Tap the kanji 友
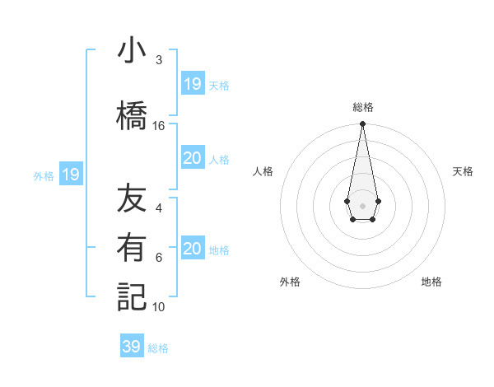[x=132, y=200]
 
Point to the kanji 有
[x=132, y=248]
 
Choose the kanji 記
[x=132, y=296]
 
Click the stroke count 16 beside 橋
[x=159, y=126]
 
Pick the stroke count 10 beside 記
[x=159, y=307]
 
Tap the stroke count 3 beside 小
[x=158, y=60]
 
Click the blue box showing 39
[x=131, y=347]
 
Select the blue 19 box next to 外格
[x=70, y=175]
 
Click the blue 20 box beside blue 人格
[x=192, y=158]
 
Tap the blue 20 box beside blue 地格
[x=192, y=249]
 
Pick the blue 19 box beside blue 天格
[x=192, y=83]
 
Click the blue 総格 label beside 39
[x=158, y=348]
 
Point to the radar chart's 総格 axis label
[x=362, y=107]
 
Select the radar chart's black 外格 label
[x=290, y=282]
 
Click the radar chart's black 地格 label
[x=431, y=282]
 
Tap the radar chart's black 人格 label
[x=263, y=171]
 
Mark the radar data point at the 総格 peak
[x=362, y=124]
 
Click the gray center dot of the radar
[x=362, y=204]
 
